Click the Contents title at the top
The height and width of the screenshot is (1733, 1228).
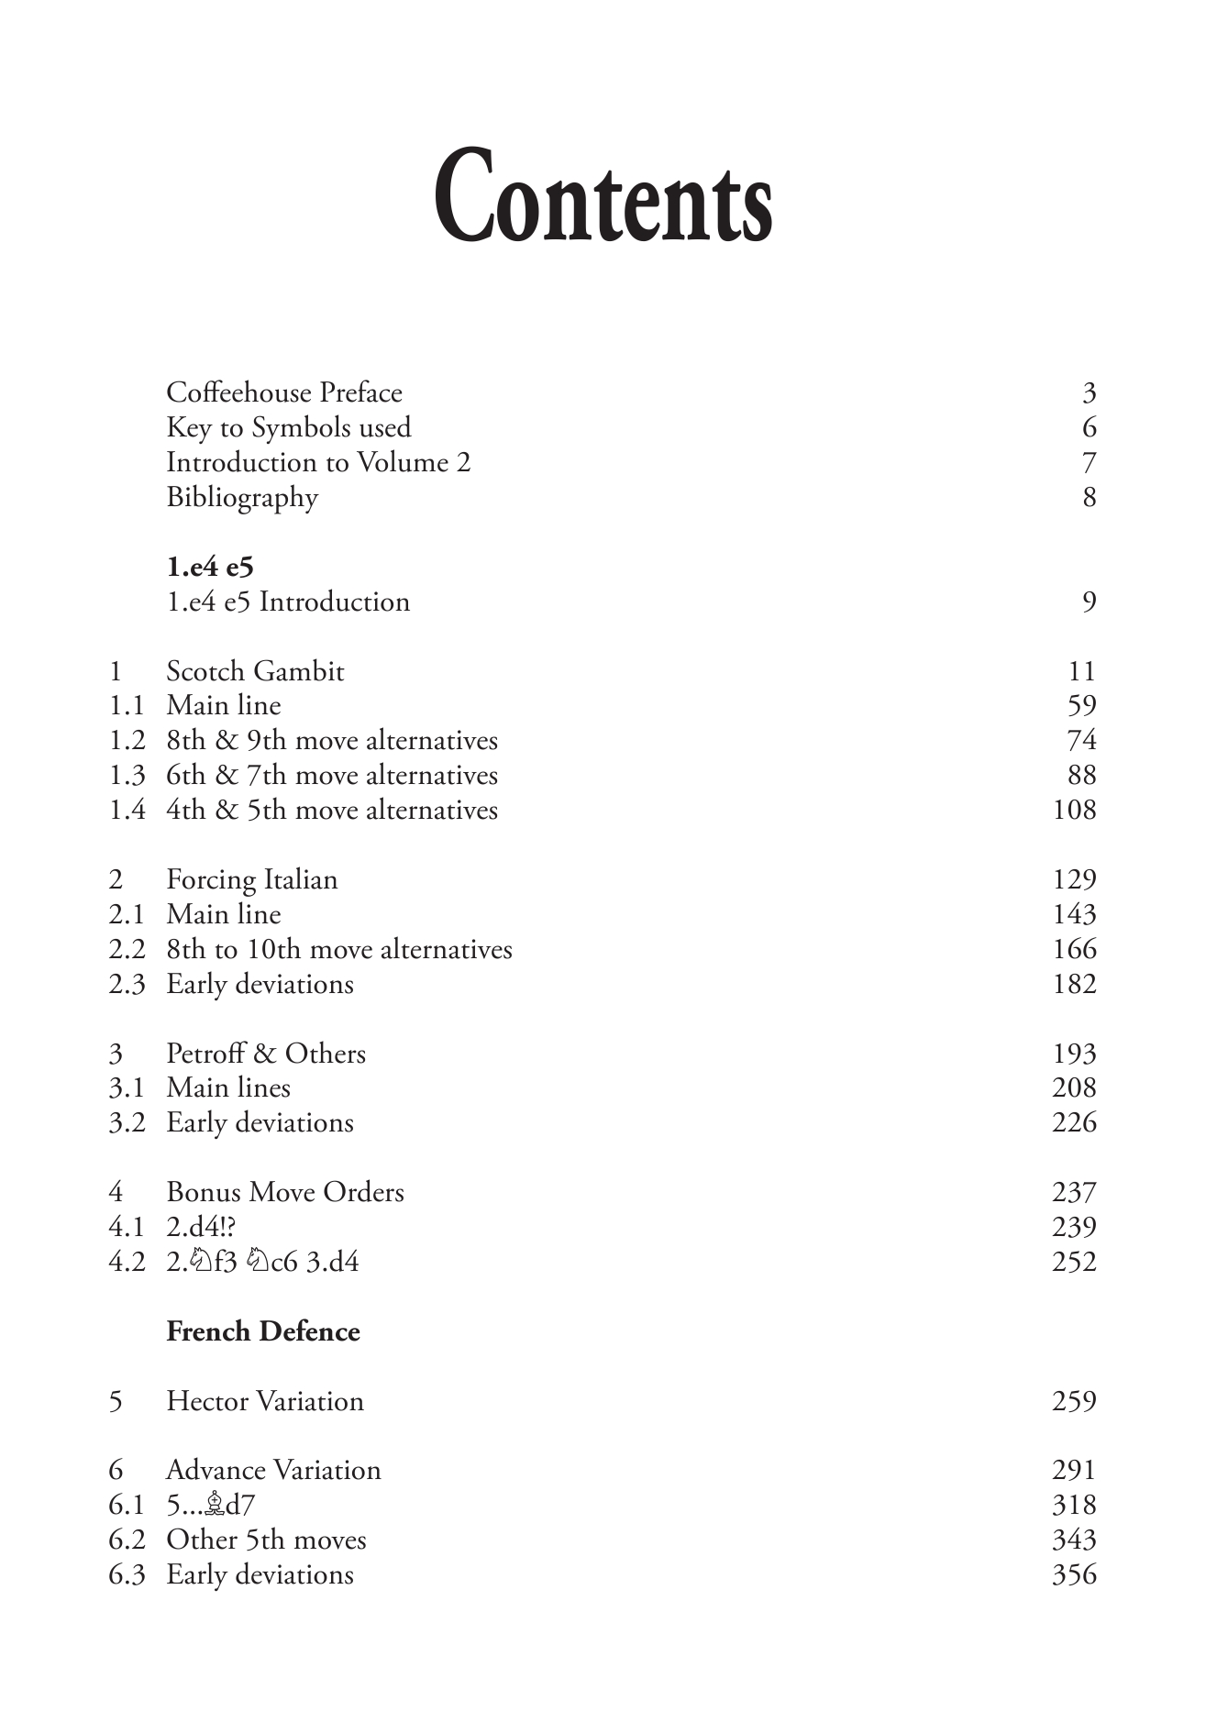603,196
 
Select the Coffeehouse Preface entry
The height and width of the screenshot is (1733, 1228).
284,392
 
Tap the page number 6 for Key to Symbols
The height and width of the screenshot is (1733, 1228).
1089,427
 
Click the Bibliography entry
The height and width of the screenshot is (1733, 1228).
242,497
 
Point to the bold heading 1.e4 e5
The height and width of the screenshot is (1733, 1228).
210,567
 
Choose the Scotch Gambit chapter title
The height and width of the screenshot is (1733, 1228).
255,671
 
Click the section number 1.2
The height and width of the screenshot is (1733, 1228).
127,740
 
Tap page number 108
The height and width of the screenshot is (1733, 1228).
1074,810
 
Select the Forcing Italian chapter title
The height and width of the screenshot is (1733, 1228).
252,879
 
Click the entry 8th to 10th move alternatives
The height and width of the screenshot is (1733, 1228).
339,949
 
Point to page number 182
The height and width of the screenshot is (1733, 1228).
1074,984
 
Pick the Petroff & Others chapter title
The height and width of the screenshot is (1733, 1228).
266,1054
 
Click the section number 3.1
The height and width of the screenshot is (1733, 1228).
127,1087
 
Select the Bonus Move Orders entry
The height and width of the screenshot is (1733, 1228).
285,1192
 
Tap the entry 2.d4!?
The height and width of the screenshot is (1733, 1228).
201,1227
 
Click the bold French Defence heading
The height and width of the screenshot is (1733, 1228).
263,1331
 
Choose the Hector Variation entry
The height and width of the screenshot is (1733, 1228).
265,1401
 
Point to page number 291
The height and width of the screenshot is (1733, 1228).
1074,1470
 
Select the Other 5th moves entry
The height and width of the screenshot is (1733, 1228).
266,1540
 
